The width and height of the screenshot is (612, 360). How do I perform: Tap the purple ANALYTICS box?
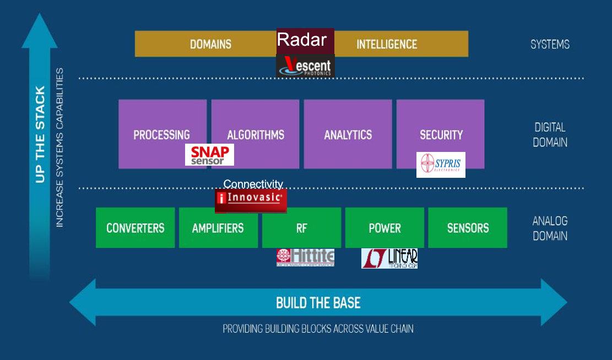pyautogui.click(x=348, y=134)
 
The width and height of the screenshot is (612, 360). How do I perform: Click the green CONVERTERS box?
pyautogui.click(x=135, y=228)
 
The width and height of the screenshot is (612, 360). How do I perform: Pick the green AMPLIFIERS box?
pyautogui.click(x=218, y=228)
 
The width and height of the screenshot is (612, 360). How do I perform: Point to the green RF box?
pyautogui.click(x=301, y=228)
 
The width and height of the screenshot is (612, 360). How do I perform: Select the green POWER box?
pyautogui.click(x=384, y=228)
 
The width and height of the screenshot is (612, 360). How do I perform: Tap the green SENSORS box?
pyautogui.click(x=468, y=228)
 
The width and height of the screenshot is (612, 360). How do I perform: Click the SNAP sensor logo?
pyautogui.click(x=209, y=155)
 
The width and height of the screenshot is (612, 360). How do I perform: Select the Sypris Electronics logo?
pyautogui.click(x=441, y=165)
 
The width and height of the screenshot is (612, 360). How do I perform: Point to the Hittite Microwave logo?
pyautogui.click(x=305, y=257)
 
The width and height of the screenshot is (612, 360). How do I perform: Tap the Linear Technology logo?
pyautogui.click(x=389, y=258)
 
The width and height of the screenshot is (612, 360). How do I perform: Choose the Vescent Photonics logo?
pyautogui.click(x=305, y=66)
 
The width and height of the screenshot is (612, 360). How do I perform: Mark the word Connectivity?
pyautogui.click(x=253, y=184)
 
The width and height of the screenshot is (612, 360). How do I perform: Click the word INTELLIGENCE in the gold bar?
pyautogui.click(x=387, y=44)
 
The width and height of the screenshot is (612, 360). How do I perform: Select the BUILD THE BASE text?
pyautogui.click(x=318, y=302)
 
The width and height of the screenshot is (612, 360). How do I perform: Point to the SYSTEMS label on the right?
pyautogui.click(x=550, y=44)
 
